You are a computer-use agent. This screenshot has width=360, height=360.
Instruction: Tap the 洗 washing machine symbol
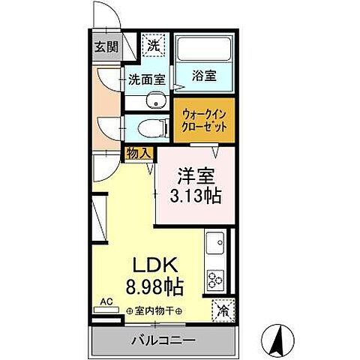[152, 45]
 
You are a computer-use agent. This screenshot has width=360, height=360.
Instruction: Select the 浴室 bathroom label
[205, 76]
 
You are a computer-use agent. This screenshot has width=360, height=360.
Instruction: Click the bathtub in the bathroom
[205, 50]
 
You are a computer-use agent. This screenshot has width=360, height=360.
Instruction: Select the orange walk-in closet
[204, 120]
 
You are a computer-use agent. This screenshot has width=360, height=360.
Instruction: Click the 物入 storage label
[139, 153]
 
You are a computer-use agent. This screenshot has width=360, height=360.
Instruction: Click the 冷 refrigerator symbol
[223, 308]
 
